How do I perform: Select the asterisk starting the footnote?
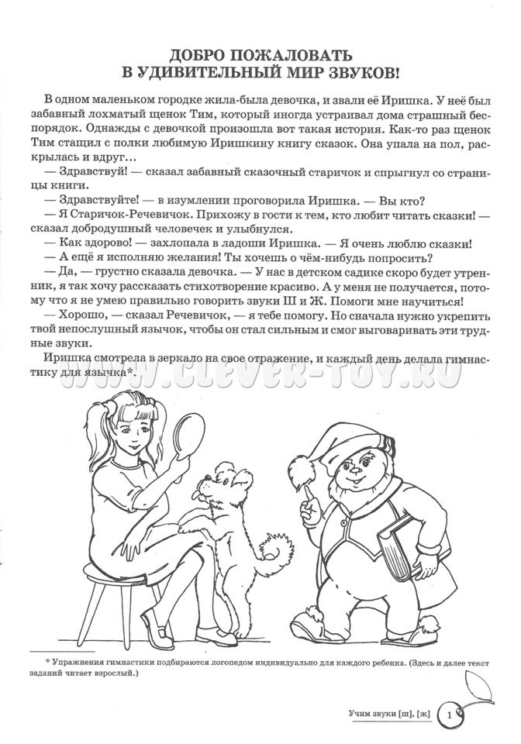pos(48,663)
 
